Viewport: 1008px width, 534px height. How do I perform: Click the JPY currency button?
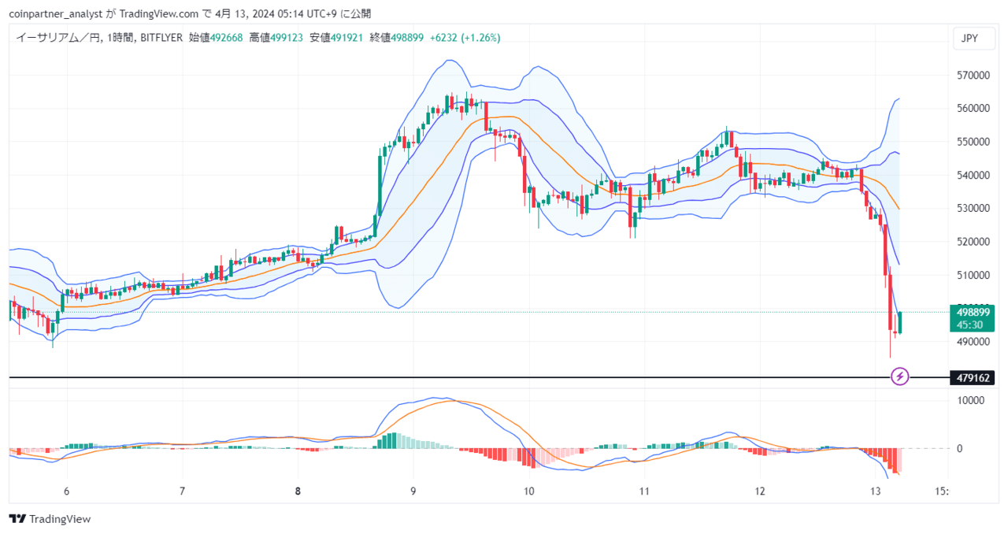pos(974,39)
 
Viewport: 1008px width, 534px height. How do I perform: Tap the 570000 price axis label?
pos(973,75)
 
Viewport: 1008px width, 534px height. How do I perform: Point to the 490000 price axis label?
pos(973,342)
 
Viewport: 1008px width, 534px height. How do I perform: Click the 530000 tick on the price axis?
pos(973,209)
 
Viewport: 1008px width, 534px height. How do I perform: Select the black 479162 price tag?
pos(972,377)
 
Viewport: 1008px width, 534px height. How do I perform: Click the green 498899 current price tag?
pos(972,318)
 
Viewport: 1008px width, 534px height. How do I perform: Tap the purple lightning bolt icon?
pos(900,376)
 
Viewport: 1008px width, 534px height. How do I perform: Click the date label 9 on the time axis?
pos(413,491)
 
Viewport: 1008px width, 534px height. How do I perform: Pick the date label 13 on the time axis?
pos(875,491)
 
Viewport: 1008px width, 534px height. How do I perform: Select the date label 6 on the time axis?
pos(67,491)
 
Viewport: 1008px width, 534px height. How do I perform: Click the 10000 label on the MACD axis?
pos(971,400)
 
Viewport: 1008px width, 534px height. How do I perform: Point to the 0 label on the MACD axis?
pos(959,448)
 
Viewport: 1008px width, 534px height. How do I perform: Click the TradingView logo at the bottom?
pos(50,519)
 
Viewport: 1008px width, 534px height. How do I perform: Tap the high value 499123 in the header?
pos(287,38)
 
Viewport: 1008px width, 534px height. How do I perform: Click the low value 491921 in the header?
pos(347,38)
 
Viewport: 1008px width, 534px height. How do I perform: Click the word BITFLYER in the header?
pos(161,38)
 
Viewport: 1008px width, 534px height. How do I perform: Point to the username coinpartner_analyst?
pos(56,14)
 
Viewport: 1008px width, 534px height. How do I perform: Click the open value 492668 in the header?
pos(226,38)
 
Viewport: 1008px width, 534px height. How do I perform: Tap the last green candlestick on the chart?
pos(900,322)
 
